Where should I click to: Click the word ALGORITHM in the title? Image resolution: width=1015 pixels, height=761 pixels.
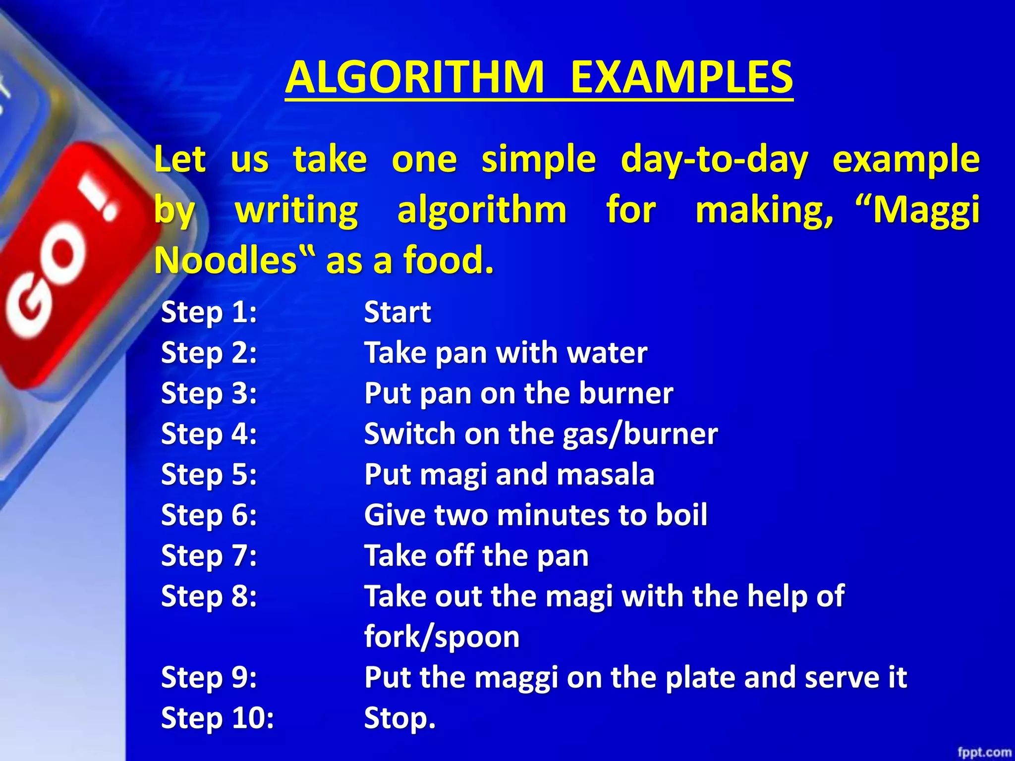(x=414, y=77)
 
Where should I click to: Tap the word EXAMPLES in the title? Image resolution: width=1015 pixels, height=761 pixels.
(x=681, y=77)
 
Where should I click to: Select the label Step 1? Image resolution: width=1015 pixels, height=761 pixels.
(x=209, y=313)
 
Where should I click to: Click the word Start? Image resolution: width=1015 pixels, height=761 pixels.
(x=397, y=313)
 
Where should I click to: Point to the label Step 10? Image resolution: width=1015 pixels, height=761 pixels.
(x=217, y=718)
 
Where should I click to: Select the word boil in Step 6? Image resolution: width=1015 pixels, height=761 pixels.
(x=681, y=515)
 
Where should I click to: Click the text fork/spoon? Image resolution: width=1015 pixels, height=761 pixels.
(x=442, y=637)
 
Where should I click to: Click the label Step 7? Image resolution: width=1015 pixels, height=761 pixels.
(x=209, y=556)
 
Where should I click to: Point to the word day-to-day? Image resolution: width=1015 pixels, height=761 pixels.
(x=714, y=160)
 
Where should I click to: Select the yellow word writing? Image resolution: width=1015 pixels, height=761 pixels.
(x=296, y=211)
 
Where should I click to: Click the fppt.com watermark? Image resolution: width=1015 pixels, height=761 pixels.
(x=984, y=752)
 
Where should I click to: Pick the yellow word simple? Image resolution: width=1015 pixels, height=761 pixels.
(x=539, y=160)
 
